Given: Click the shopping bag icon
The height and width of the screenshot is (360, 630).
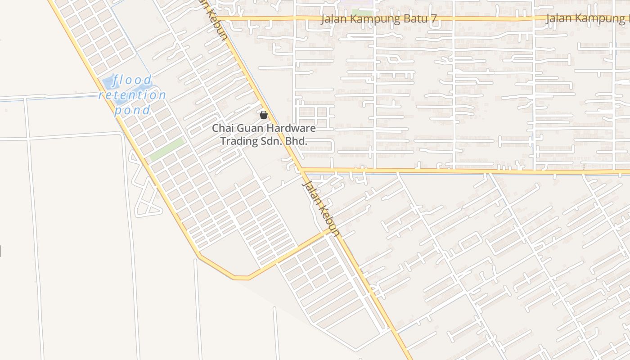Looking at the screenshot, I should pos(264,115).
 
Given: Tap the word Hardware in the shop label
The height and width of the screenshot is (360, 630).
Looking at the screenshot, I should pos(291,128).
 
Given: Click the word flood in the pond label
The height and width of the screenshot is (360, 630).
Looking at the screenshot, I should pos(133,81).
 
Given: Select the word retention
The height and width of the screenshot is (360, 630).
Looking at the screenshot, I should pos(132,95).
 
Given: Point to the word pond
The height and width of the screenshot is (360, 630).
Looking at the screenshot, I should pos(132,110).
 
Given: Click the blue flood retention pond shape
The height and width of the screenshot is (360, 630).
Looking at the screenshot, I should pos(108,83).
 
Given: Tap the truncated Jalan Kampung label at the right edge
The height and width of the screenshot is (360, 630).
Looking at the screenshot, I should pos(587,18).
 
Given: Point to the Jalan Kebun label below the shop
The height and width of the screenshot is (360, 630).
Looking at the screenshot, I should pos(320,207).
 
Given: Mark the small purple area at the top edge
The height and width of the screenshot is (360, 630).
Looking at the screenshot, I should pos(357,2).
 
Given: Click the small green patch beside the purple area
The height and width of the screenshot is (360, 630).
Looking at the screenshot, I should pos(362,12).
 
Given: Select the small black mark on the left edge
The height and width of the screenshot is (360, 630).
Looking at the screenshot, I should pos(0,251).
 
